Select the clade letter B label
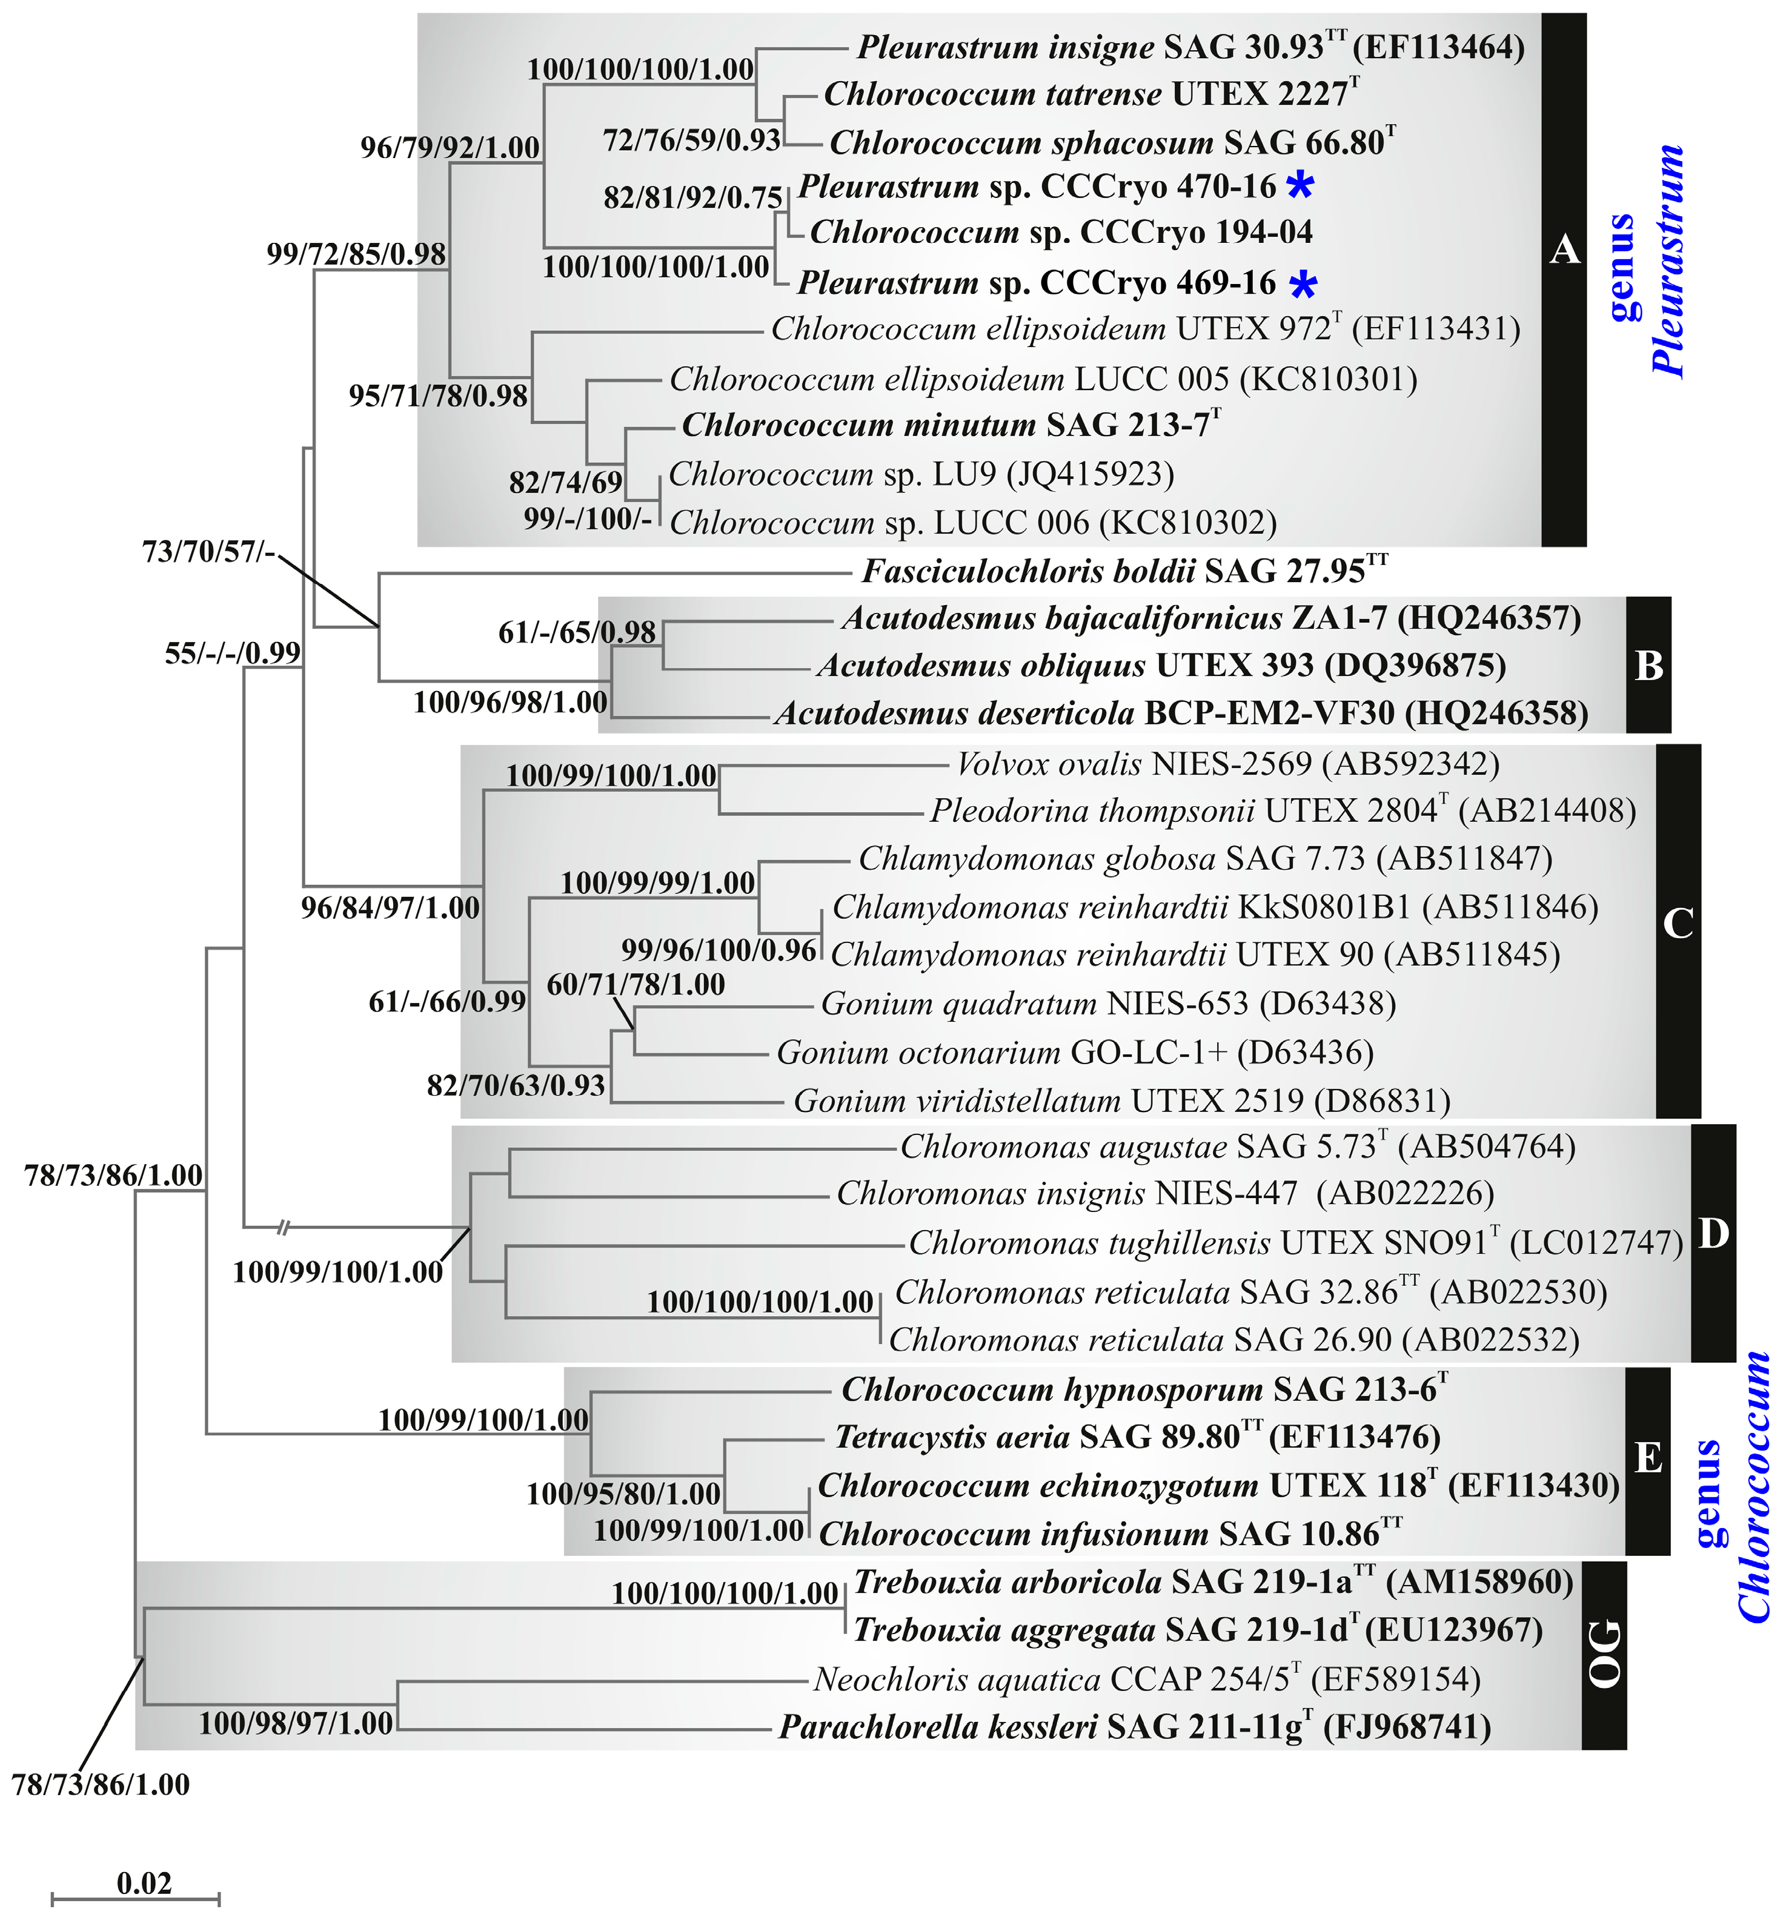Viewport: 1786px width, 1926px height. point(1648,666)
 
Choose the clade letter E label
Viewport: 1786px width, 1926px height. point(1648,1457)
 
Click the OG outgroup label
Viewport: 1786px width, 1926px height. point(1604,1655)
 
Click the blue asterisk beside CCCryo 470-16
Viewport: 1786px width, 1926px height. point(1301,185)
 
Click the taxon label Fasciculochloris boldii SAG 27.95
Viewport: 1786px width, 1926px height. point(1124,571)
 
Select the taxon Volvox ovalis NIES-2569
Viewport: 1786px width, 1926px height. point(1227,764)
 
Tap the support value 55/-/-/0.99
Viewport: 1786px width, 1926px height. point(233,654)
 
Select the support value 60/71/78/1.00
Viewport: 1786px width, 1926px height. point(636,985)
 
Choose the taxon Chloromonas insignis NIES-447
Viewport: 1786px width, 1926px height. point(1164,1194)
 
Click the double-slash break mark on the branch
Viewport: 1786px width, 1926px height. point(283,1228)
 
